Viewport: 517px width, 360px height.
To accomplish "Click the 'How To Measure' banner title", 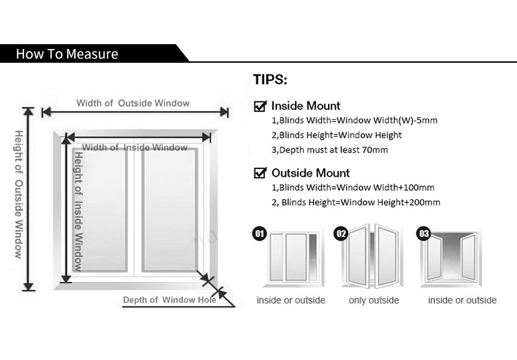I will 67,54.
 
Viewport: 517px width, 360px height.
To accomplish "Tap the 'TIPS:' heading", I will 270,79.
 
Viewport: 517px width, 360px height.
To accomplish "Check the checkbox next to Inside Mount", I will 261,106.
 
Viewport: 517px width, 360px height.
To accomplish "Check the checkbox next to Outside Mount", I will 261,173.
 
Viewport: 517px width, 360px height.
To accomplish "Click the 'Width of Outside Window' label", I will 133,103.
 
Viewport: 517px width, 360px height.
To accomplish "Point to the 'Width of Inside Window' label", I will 135,148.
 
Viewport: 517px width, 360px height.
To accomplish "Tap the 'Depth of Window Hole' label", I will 170,300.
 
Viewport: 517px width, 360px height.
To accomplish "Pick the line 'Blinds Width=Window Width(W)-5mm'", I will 354,121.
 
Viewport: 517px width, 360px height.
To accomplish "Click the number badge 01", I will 260,234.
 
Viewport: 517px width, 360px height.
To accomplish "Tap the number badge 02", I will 341,234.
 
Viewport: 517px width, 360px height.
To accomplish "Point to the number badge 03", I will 424,234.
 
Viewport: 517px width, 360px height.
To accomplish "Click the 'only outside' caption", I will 374,300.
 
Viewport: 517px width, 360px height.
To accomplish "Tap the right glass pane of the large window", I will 169,210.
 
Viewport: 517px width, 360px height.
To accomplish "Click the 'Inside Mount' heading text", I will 305,106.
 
